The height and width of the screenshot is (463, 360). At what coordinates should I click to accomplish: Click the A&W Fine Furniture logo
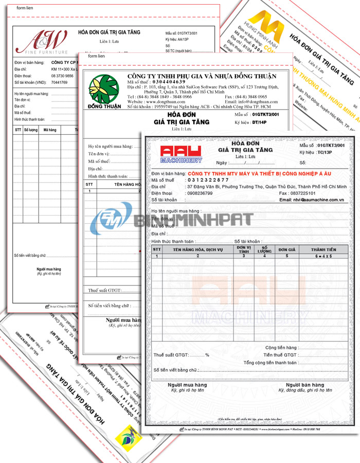point(42,42)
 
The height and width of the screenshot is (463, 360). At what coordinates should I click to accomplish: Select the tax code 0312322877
point(207,180)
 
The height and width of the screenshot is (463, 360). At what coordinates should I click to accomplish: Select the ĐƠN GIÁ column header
point(286,249)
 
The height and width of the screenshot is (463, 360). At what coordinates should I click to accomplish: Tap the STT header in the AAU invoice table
point(157,249)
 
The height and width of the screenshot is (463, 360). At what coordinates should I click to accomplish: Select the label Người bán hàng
point(305,385)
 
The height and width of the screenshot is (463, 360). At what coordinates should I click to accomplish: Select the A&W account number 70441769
point(60,82)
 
